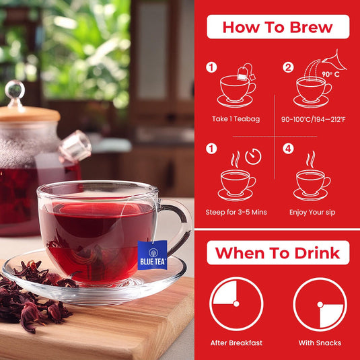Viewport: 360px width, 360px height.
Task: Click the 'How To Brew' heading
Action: pyautogui.click(x=278, y=28)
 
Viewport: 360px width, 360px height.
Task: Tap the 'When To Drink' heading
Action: pyautogui.click(x=277, y=253)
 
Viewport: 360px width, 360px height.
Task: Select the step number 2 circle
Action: pyautogui.click(x=289, y=67)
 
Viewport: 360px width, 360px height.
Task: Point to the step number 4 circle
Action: pyautogui.click(x=289, y=148)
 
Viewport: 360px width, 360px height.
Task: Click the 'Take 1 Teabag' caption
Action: pyautogui.click(x=236, y=119)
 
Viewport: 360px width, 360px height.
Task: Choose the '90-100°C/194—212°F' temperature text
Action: pyautogui.click(x=314, y=119)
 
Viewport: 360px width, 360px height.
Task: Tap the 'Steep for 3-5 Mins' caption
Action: pyautogui.click(x=236, y=212)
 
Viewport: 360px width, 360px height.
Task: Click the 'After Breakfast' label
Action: pyautogui.click(x=236, y=343)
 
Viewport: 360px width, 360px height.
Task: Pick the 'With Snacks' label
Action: pyautogui.click(x=320, y=343)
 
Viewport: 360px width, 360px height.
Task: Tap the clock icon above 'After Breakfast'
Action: pyautogui.click(x=236, y=304)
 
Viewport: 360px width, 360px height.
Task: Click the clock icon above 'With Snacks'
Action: pyautogui.click(x=320, y=304)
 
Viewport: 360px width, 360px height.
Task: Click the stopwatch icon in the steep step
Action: pyautogui.click(x=253, y=157)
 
